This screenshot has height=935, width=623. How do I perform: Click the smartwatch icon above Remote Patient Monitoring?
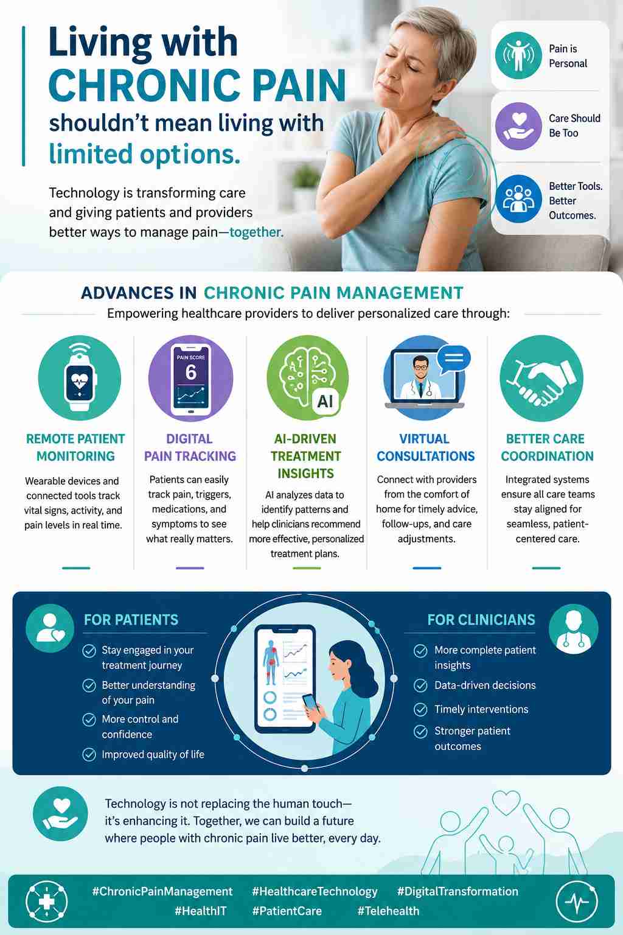tap(79, 378)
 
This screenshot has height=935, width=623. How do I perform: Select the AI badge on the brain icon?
tap(325, 402)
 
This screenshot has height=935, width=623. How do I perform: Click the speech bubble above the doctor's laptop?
tap(454, 358)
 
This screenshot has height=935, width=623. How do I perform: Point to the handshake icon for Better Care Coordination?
tap(541, 378)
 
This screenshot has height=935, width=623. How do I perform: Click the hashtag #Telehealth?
tap(388, 911)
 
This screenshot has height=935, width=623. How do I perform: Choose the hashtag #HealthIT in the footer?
tap(200, 911)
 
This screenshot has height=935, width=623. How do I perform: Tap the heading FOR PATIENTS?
tap(131, 620)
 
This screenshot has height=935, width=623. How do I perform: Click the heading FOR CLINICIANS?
tap(481, 620)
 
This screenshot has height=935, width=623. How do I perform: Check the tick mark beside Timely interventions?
tap(420, 709)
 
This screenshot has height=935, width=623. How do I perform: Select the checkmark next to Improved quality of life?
tap(89, 754)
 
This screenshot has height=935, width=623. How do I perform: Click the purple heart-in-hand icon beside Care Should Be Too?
tap(518, 126)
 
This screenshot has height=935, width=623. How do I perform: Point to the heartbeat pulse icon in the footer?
tap(577, 901)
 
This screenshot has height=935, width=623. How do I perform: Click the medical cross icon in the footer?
tap(46, 901)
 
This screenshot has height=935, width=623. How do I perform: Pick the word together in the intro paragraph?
tap(256, 232)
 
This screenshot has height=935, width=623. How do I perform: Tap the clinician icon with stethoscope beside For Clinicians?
tap(573, 629)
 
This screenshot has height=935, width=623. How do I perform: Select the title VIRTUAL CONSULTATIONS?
tap(425, 447)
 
